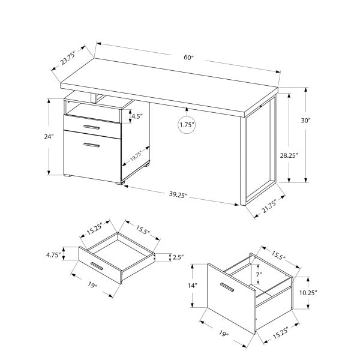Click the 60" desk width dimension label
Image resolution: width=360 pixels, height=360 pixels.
pos(190,57)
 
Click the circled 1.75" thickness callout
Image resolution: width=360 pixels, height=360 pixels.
pos(187,125)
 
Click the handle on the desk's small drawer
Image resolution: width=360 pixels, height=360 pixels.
pos(92,128)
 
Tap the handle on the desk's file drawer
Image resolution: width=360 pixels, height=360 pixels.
pos(92,145)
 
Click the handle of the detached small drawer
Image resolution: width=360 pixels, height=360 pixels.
pos(96,266)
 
